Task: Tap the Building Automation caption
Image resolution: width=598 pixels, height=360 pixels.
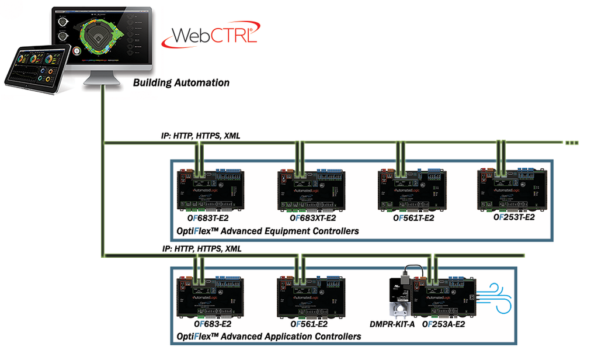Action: (181, 82)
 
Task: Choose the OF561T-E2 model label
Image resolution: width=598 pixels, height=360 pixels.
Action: (413, 219)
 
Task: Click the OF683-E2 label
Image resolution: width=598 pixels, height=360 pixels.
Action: (213, 324)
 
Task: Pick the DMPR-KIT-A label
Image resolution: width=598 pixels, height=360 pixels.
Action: (392, 324)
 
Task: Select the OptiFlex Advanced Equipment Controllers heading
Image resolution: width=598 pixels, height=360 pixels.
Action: (267, 231)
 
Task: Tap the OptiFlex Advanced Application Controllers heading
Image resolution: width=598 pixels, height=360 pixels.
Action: (269, 337)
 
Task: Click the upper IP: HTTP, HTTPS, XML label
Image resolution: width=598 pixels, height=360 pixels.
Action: (200, 136)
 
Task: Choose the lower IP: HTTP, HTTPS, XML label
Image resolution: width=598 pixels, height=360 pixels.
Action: (200, 248)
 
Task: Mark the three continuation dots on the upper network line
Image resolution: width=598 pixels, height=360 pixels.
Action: (572, 142)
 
